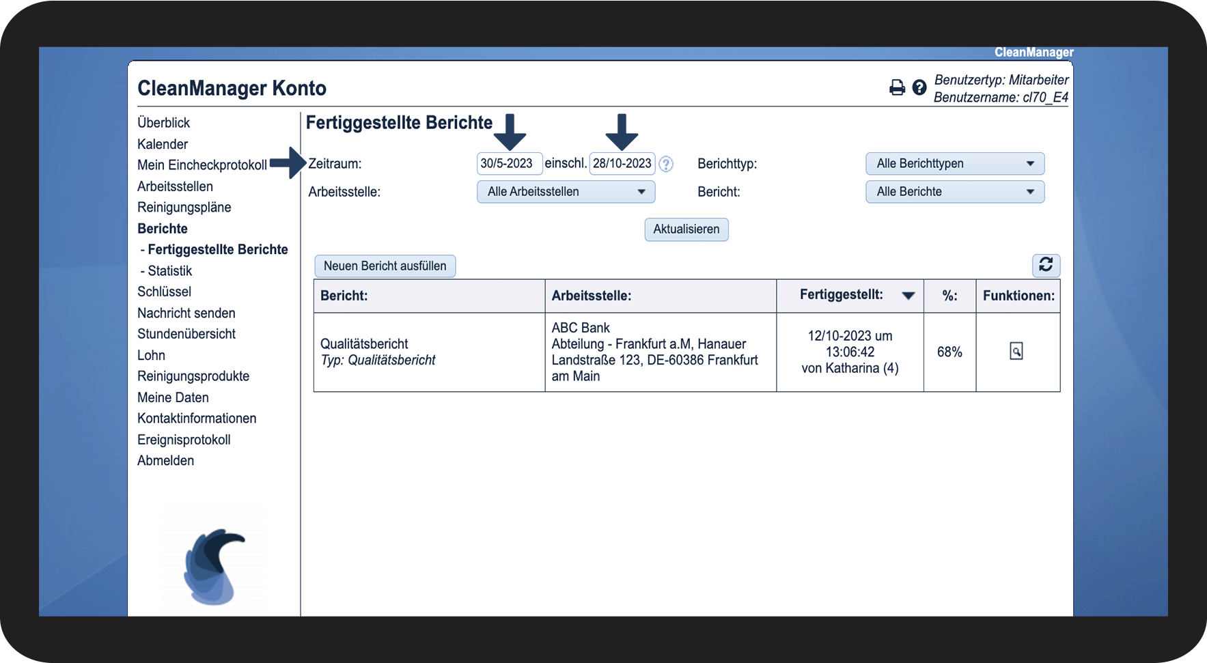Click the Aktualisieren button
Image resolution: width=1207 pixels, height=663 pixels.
click(686, 229)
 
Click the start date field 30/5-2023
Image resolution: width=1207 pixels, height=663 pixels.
click(510, 164)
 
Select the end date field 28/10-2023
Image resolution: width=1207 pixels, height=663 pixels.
click(622, 164)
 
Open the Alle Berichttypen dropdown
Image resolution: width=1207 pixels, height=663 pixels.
click(955, 164)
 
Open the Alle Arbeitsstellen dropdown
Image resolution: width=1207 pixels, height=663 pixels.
click(566, 192)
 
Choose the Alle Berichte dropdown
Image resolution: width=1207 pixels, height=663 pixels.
click(955, 192)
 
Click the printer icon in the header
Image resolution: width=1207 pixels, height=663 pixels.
click(897, 87)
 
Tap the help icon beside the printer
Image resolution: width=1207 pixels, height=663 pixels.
click(919, 87)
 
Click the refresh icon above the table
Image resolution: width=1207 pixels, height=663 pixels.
click(1046, 265)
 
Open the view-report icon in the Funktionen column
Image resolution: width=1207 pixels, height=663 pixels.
click(1016, 352)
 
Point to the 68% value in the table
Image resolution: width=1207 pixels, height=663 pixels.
click(949, 352)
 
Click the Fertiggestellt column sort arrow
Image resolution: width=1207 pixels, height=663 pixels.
click(908, 296)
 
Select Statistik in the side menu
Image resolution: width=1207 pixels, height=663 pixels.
click(170, 271)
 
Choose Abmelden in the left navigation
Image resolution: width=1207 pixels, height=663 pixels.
click(166, 461)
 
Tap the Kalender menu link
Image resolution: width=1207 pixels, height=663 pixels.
click(163, 144)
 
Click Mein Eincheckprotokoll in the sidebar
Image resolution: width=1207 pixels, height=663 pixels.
click(202, 165)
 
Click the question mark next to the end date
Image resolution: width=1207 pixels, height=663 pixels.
click(666, 164)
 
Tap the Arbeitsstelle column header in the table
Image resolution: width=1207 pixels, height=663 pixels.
click(592, 296)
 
